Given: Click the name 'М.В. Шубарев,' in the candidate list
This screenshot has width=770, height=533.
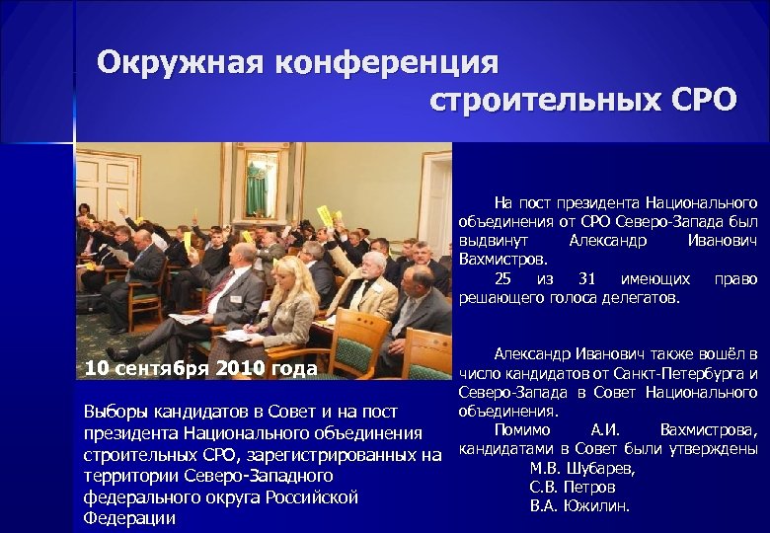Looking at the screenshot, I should (582, 469).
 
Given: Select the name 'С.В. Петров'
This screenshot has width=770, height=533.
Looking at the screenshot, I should (573, 488).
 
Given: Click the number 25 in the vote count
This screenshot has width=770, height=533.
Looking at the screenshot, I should (503, 279).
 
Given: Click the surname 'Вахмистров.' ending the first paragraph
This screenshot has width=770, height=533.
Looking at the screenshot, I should (502, 260).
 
